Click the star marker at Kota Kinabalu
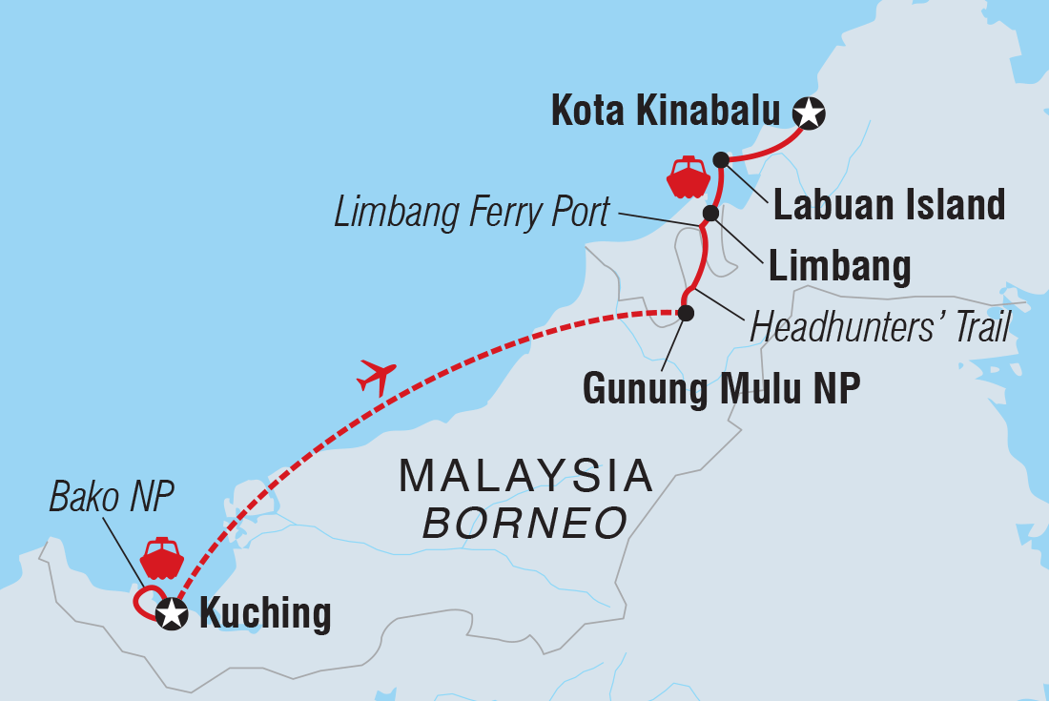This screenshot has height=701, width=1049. pyautogui.click(x=810, y=113)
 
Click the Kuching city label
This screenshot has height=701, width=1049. pyautogui.click(x=265, y=613)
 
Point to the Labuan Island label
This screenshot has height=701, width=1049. pyautogui.click(x=889, y=204)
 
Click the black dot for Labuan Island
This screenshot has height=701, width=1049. pyautogui.click(x=721, y=159)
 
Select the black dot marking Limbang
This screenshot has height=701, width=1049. pyautogui.click(x=710, y=213)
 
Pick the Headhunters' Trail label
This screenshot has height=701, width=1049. pyautogui.click(x=879, y=328)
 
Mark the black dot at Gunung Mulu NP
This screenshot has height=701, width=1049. pyautogui.click(x=685, y=312)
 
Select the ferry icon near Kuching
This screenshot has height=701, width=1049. pyautogui.click(x=161, y=559)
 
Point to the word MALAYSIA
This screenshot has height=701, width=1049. pyautogui.click(x=525, y=475)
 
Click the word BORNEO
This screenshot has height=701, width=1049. pyautogui.click(x=525, y=523)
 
